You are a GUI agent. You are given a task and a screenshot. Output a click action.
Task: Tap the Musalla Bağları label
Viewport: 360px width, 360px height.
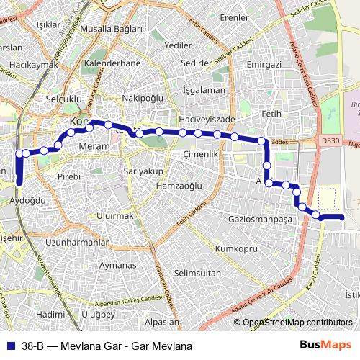click(112, 29)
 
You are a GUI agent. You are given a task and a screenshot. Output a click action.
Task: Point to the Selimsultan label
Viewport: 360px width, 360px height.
click(197, 273)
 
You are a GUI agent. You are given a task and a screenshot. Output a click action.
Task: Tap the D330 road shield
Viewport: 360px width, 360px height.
click(330, 140)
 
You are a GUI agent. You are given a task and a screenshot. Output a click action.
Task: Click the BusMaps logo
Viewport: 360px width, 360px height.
click(326, 346)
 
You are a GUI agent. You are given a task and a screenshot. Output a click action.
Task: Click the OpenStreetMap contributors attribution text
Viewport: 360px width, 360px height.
click(297, 323)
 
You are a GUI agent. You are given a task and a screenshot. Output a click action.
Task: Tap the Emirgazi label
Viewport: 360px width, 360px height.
click(263, 65)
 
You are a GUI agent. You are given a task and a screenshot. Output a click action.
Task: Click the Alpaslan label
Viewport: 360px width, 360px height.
click(162, 322)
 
